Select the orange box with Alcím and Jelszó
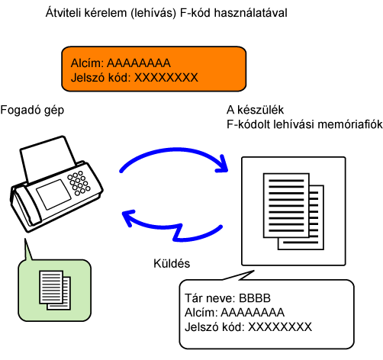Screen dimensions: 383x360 [x=154, y=69]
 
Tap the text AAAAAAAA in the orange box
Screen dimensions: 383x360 [x=139, y=63]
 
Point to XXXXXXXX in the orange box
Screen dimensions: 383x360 [x=166, y=78]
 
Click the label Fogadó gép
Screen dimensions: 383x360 [x=32, y=111]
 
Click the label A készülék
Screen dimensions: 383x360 [x=255, y=110]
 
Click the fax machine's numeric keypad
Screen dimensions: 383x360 [x=79, y=183]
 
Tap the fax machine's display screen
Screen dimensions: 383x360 [x=53, y=194]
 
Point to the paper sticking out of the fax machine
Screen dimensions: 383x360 [x=47, y=158]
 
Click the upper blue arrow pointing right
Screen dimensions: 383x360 [x=173, y=150]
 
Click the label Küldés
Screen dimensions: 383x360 [x=172, y=264]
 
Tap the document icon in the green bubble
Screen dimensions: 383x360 [x=55, y=290]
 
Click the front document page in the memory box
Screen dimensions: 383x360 [x=286, y=205]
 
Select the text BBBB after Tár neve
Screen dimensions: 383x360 [x=255, y=298]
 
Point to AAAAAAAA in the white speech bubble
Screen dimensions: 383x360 [x=253, y=313]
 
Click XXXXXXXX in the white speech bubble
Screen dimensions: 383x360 [x=280, y=327]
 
